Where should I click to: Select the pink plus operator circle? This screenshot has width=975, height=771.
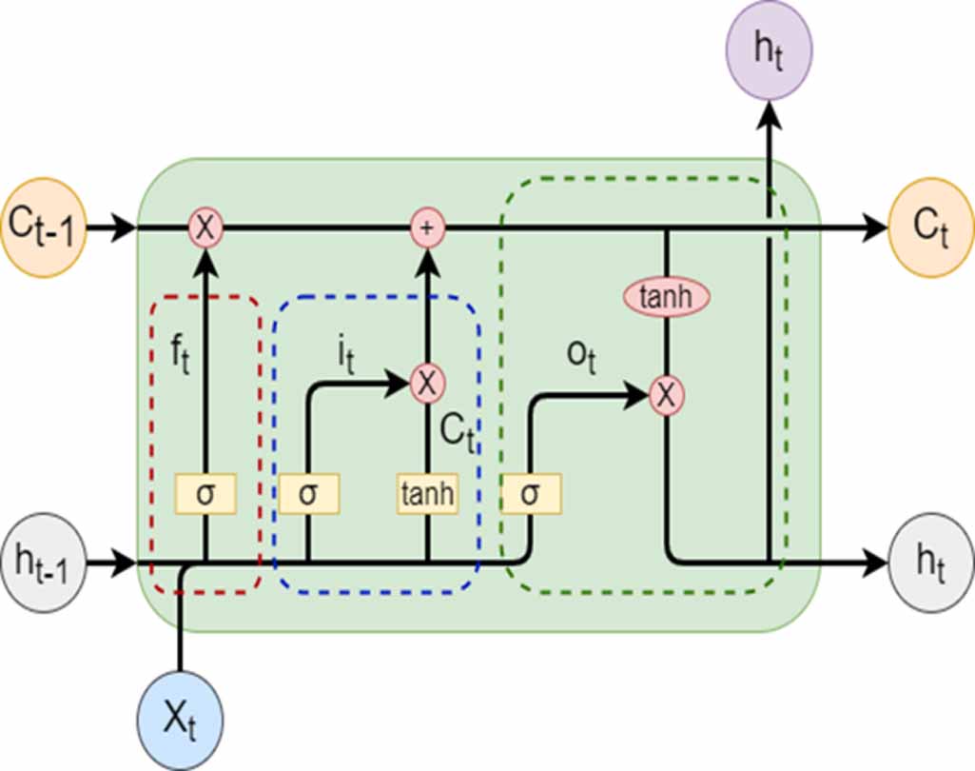click(x=427, y=228)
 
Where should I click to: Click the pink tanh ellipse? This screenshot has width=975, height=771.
click(x=666, y=298)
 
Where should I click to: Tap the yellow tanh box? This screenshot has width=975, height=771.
click(x=427, y=494)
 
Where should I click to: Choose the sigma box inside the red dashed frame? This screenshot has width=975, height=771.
click(x=205, y=494)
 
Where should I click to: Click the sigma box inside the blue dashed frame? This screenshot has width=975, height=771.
click(x=308, y=494)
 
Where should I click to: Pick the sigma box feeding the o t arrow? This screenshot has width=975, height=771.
click(x=531, y=494)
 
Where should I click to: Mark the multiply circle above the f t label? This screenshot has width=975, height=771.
click(x=205, y=228)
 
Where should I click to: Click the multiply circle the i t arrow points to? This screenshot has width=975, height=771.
click(x=427, y=384)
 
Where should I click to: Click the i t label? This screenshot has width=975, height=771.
click(x=347, y=357)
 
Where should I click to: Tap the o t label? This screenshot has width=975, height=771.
click(x=578, y=359)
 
